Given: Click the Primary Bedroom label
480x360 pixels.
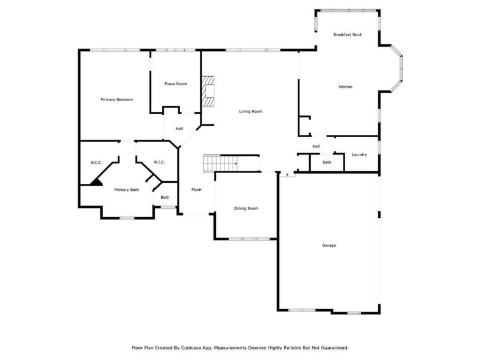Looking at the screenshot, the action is point(117,99).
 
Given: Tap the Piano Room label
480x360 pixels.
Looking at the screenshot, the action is point(176,83).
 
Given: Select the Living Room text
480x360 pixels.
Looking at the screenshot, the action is point(251,111).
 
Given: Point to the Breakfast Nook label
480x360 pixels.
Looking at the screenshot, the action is point(347,35).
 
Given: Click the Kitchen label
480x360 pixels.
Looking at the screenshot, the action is point(345,87).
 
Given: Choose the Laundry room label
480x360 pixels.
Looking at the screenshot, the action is point(359,155).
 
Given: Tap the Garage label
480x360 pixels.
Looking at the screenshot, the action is point(329,245).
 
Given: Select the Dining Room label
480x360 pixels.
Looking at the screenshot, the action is point(246,209).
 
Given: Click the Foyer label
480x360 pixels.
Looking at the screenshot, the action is point(197,190).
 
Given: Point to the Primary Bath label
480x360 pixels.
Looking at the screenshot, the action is point(126,190).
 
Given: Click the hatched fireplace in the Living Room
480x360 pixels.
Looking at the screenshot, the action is point(207,91).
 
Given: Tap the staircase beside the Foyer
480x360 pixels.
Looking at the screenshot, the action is point(221,163).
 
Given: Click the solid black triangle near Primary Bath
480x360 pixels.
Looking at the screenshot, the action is point(97,182).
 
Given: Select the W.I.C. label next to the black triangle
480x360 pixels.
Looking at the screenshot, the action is point(96,162).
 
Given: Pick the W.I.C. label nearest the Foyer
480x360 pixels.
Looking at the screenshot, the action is point(159,162).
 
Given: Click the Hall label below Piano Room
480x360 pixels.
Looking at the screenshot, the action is point(179,129).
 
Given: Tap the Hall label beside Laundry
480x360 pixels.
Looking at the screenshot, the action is point(316,146).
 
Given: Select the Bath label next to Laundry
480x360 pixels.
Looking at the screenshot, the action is point(327,162).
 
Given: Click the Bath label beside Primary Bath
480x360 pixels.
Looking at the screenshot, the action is point(165,198).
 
